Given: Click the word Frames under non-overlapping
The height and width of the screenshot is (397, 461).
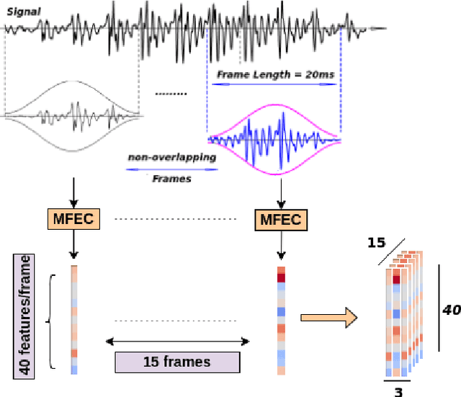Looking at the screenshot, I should point(171,178).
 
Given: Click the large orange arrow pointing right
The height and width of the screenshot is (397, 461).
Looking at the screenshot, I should point(327,317).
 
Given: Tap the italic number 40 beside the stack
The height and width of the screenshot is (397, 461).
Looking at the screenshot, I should point(450,309).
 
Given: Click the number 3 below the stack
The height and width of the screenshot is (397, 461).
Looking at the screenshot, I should point(398,391).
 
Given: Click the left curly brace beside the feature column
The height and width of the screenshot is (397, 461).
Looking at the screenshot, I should point(50,321).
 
